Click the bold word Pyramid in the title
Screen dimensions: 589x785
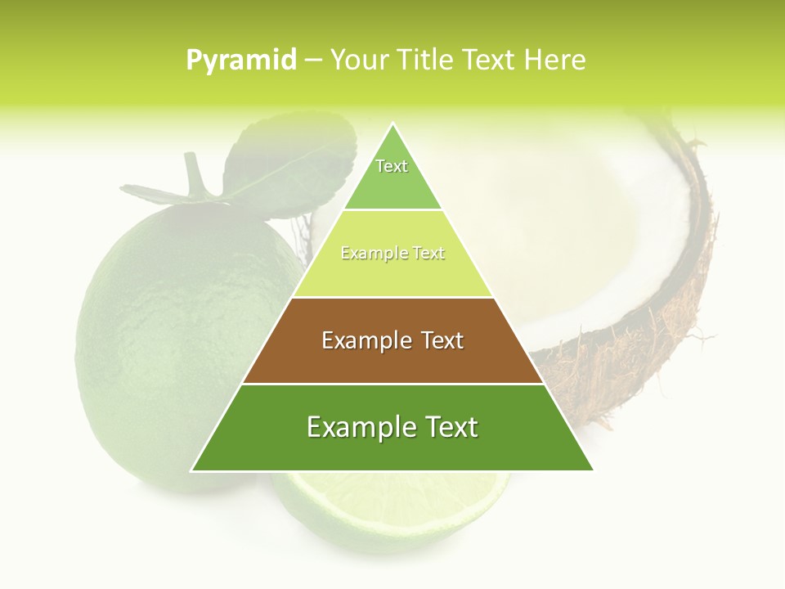(x=240, y=60)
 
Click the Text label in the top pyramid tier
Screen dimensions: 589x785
(x=392, y=166)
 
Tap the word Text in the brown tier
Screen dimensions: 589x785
(x=442, y=340)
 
